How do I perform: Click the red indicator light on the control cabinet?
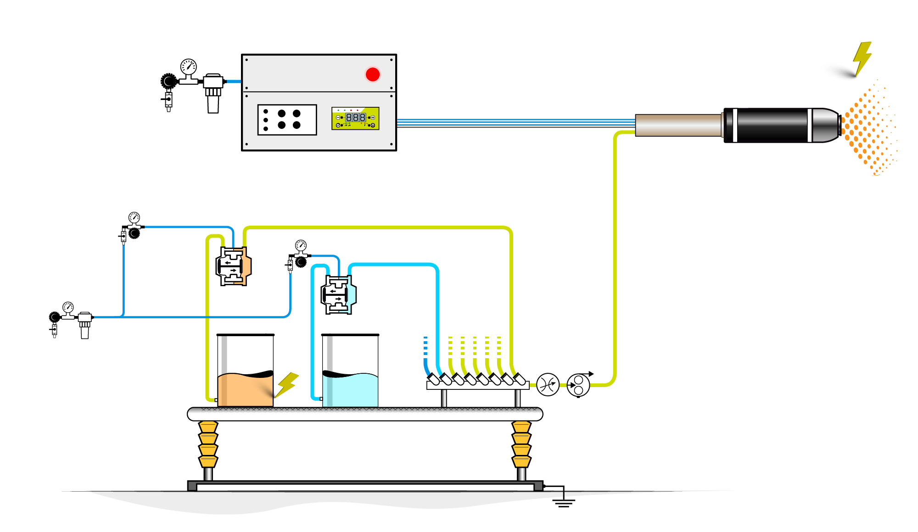click(373, 74)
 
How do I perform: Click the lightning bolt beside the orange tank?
click(287, 384)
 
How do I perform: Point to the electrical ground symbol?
click(564, 502)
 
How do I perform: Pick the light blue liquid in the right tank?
click(350, 391)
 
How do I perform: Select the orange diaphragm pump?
click(234, 266)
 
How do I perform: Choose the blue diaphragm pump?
click(339, 294)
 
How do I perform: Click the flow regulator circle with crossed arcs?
click(548, 385)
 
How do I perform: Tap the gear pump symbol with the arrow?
click(578, 385)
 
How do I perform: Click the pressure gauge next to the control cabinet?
click(188, 67)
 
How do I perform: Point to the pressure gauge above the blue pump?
click(301, 245)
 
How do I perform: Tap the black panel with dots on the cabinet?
click(287, 120)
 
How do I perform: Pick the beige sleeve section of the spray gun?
click(678, 125)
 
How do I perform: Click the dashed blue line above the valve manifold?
click(425, 346)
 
